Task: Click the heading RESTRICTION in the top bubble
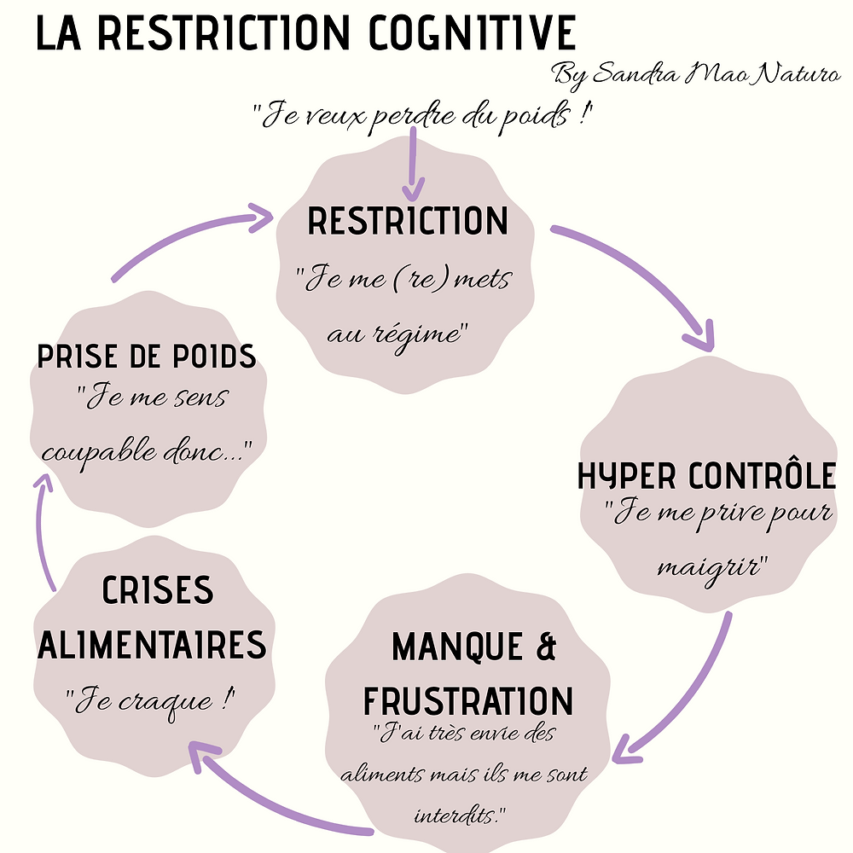pyautogui.click(x=408, y=222)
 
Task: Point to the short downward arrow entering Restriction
pyautogui.click(x=414, y=162)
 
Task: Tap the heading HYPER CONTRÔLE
pyautogui.click(x=707, y=477)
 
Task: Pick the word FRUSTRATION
pyautogui.click(x=468, y=700)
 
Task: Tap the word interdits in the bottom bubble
pyautogui.click(x=457, y=815)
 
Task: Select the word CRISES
pyautogui.click(x=158, y=592)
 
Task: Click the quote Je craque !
pyautogui.click(x=150, y=702)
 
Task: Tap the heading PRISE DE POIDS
pyautogui.click(x=147, y=356)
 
